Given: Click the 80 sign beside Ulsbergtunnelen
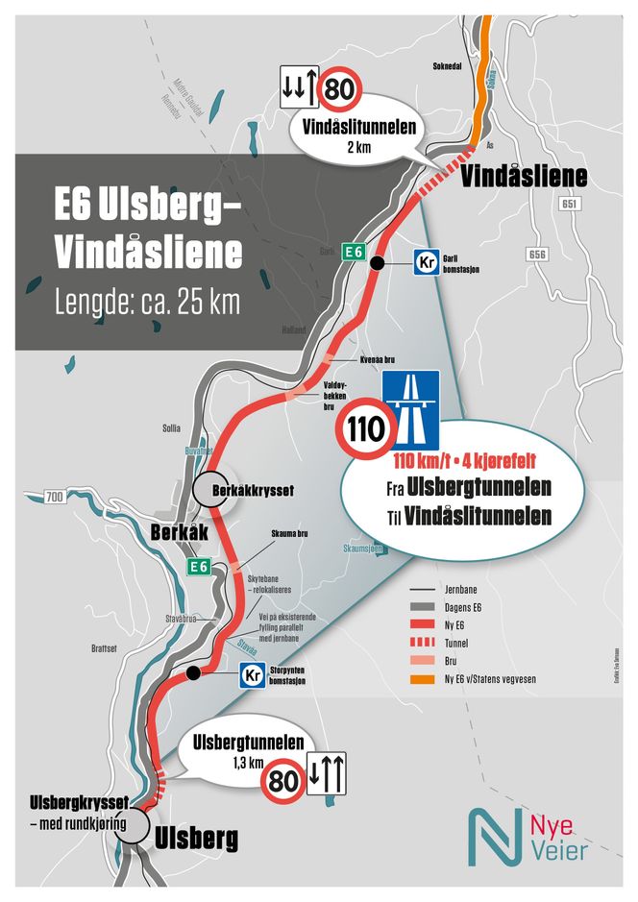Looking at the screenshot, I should pos(281,773).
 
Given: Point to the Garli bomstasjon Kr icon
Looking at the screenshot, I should pos(428,262).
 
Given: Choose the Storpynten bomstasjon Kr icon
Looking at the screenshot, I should pos(253,675).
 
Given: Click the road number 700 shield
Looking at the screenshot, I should pos(55,497).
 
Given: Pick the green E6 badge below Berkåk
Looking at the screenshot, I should pos(198,567).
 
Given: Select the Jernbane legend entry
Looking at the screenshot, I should pos(447,588).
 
